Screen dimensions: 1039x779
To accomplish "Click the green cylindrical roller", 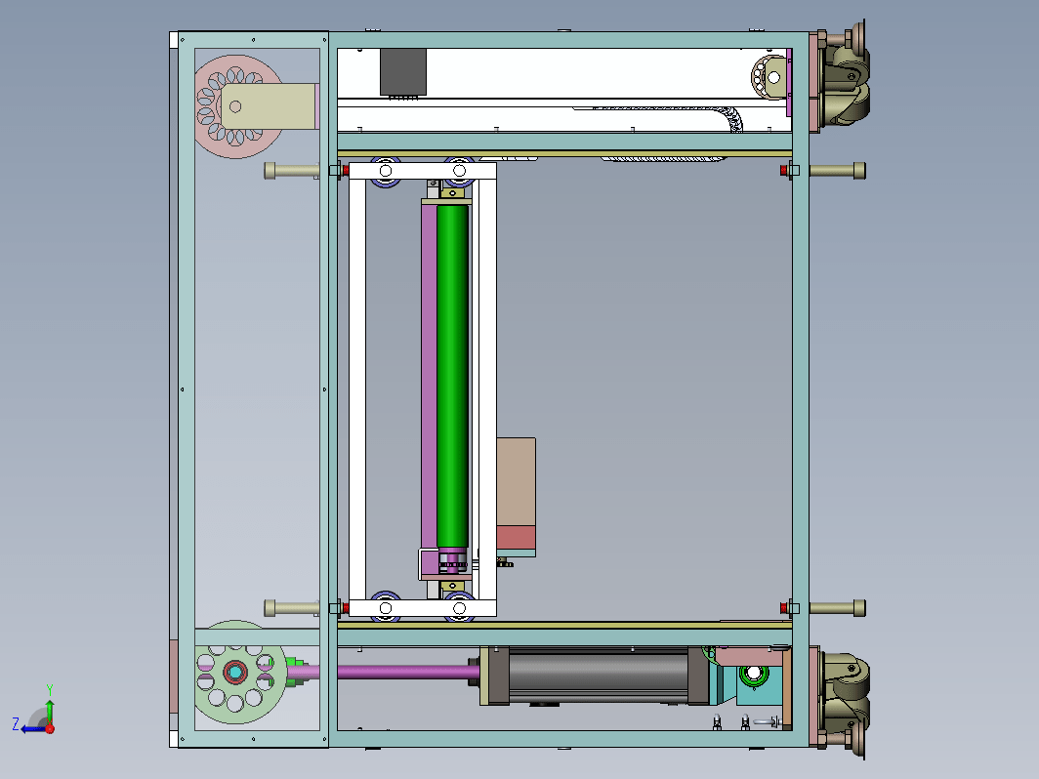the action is pos(452,376).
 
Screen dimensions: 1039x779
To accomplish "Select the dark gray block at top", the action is pos(403,72).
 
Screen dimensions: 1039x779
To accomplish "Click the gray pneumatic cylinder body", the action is pos(599,675).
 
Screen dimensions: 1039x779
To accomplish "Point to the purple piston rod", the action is pos(408,673).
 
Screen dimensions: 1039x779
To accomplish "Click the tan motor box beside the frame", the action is pos(517,481).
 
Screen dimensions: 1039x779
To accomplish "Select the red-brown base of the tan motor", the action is pos(517,537).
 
